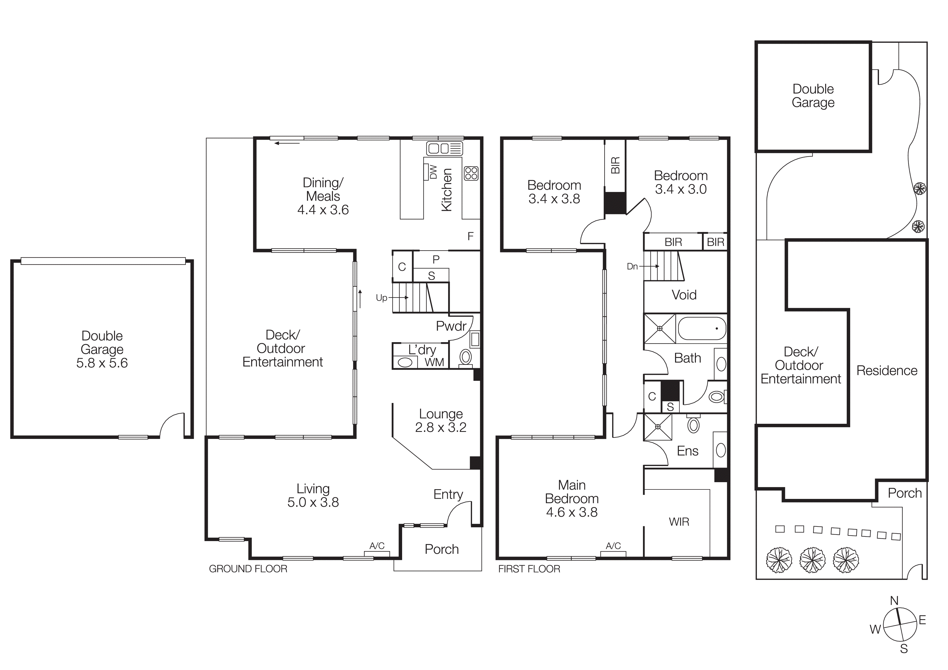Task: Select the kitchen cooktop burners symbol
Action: point(471,173)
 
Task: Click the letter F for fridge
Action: point(470,236)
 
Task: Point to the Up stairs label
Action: point(381,298)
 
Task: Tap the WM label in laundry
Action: point(434,362)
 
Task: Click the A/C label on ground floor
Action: point(376,546)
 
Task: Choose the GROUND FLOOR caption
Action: point(248,569)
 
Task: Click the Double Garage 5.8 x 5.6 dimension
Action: point(102,363)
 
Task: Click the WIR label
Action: point(679,522)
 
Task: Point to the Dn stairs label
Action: point(632,266)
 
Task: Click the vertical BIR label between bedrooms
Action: point(615,165)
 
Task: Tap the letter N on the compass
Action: point(894,601)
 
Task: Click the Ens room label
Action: point(687,451)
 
